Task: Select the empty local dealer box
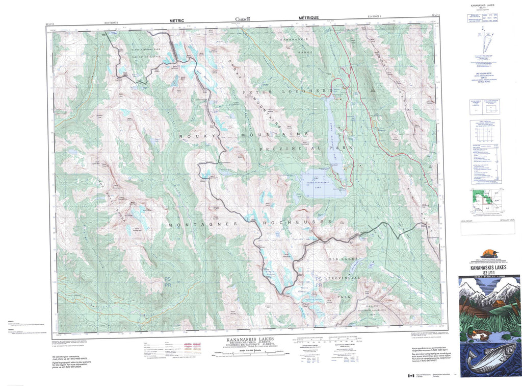pos(489,229)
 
